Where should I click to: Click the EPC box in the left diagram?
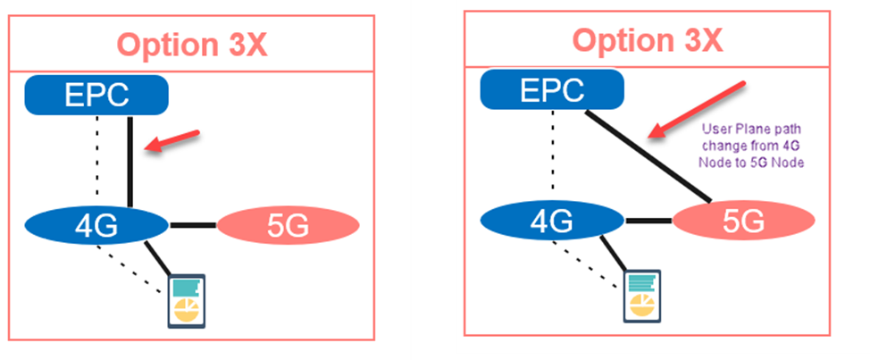(x=96, y=95)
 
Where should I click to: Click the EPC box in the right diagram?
(x=552, y=89)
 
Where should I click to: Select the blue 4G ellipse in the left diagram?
(x=96, y=225)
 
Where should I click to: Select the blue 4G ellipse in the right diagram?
(x=552, y=221)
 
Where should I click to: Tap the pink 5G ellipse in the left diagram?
(x=288, y=225)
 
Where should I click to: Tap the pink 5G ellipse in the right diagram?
(x=743, y=221)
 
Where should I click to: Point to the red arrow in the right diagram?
(x=697, y=111)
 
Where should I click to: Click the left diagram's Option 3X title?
(x=192, y=46)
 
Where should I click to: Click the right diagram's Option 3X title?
(x=648, y=40)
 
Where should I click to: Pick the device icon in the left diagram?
(x=187, y=301)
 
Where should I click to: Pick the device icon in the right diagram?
(x=642, y=296)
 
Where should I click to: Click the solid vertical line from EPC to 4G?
(x=130, y=162)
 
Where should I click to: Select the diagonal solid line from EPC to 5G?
(x=648, y=155)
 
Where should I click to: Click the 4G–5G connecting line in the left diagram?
(x=193, y=225)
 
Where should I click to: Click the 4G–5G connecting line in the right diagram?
(x=648, y=221)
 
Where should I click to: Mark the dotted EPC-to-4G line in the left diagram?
(x=97, y=155)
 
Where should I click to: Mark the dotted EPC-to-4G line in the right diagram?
(x=553, y=150)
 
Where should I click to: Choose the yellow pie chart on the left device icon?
(x=187, y=310)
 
